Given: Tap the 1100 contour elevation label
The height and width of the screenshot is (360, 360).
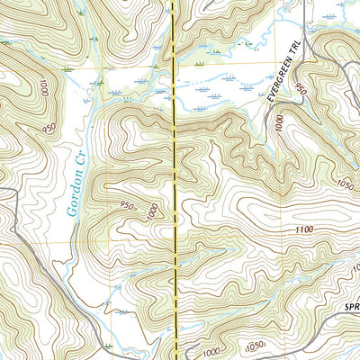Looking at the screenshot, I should click(304, 230).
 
